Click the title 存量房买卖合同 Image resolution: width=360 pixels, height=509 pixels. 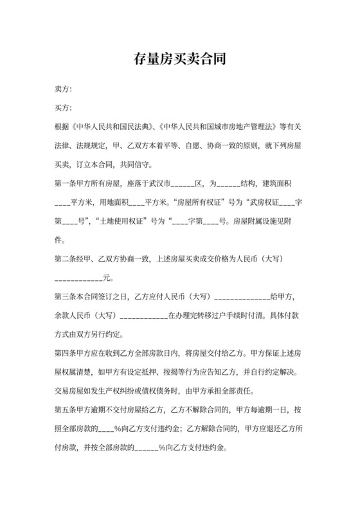[180, 61]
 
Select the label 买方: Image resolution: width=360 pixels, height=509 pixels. [64, 107]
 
